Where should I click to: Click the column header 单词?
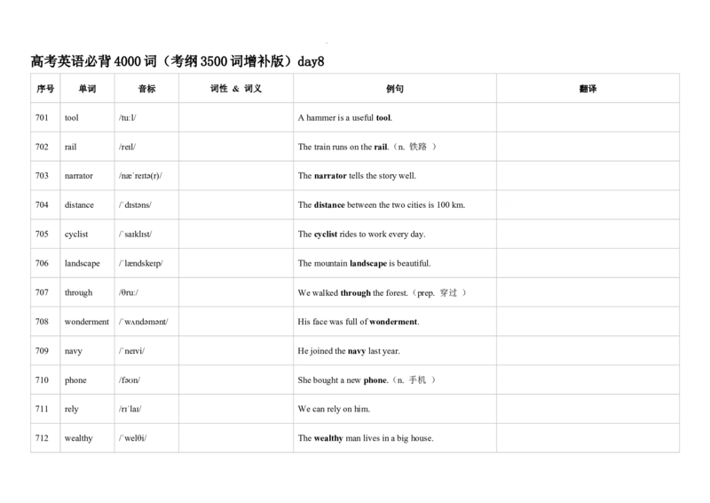pyautogui.click(x=87, y=89)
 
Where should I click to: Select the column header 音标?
pyautogui.click(x=146, y=89)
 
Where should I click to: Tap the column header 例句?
pyautogui.click(x=394, y=89)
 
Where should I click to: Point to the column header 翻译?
pyautogui.click(x=588, y=89)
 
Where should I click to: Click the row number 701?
pyautogui.click(x=42, y=117)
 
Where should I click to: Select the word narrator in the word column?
pyautogui.click(x=79, y=176)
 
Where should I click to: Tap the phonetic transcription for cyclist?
pyautogui.click(x=136, y=234)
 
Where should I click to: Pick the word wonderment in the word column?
pyautogui.click(x=86, y=322)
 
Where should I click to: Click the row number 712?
pyautogui.click(x=42, y=438)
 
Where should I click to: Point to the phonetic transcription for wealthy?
pyautogui.click(x=132, y=438)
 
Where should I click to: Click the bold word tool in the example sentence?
pyautogui.click(x=383, y=118)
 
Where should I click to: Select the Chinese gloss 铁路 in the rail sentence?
pyautogui.click(x=418, y=147)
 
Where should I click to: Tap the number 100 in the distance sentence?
pyautogui.click(x=443, y=205)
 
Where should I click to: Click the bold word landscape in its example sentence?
pyautogui.click(x=368, y=264)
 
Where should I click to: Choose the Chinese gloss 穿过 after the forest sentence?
pyautogui.click(x=448, y=292)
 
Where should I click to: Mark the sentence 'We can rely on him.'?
pyautogui.click(x=334, y=409)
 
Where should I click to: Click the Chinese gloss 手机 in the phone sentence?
pyautogui.click(x=417, y=380)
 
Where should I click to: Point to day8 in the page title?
pyautogui.click(x=312, y=61)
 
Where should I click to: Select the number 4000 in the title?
pyautogui.click(x=128, y=61)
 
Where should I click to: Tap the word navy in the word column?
pyautogui.click(x=74, y=351)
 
